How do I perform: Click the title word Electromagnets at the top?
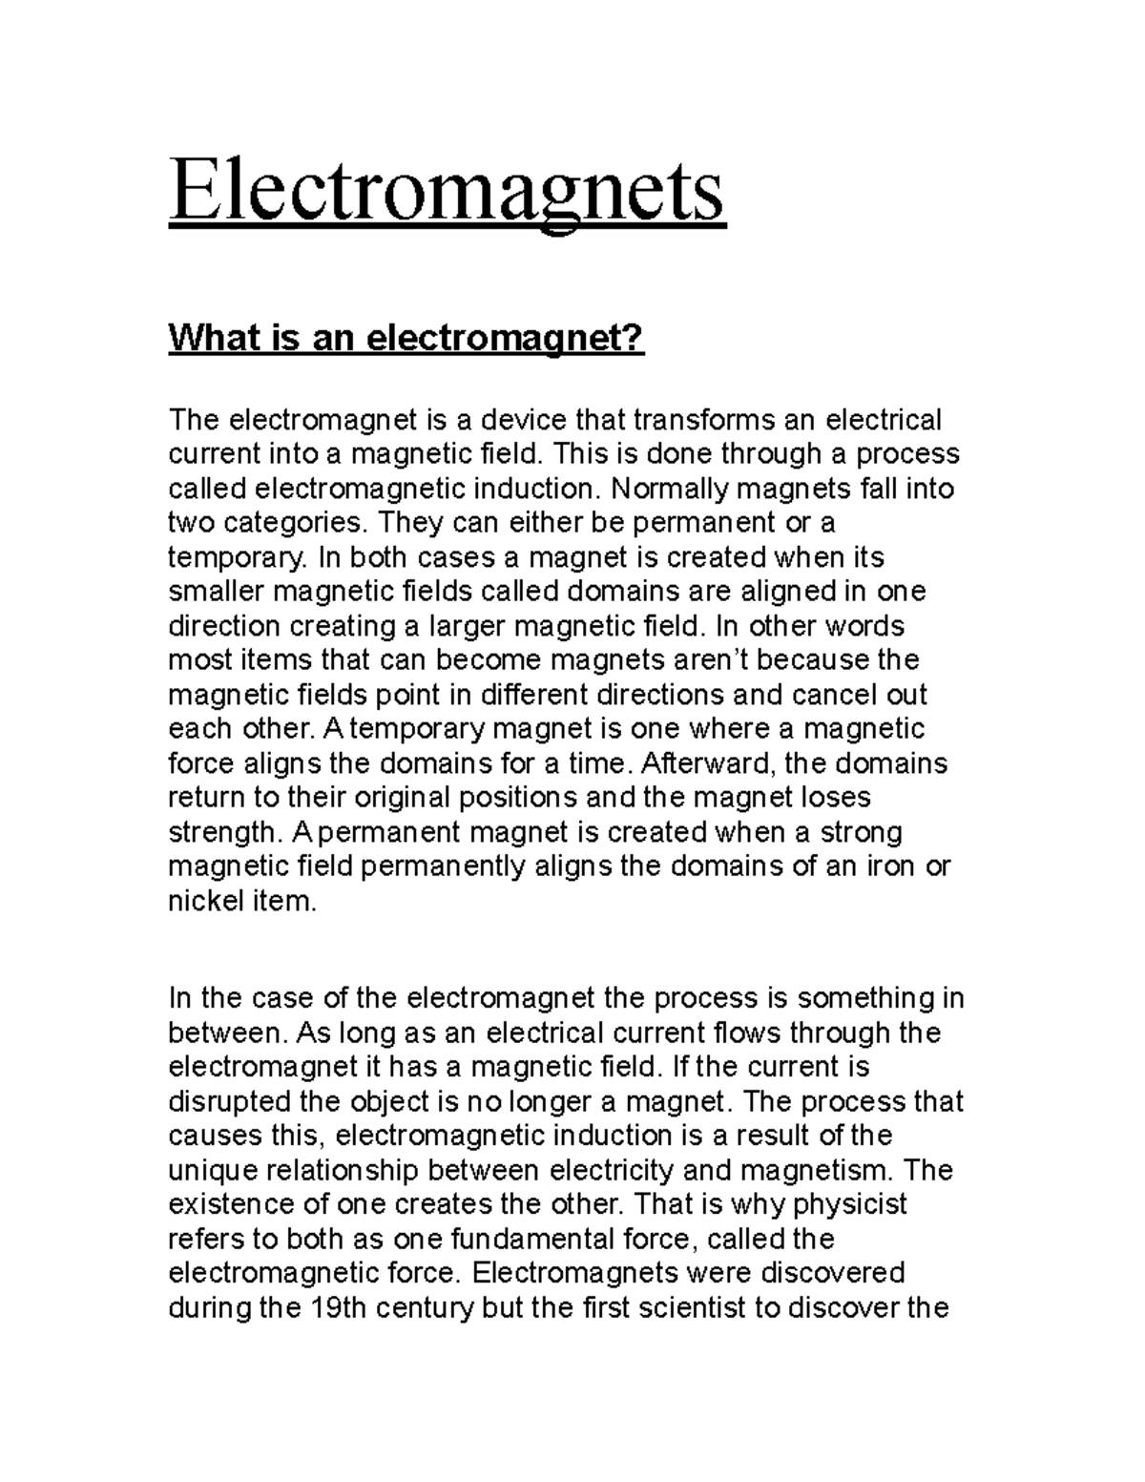click(447, 192)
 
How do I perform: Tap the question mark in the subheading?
click(635, 338)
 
